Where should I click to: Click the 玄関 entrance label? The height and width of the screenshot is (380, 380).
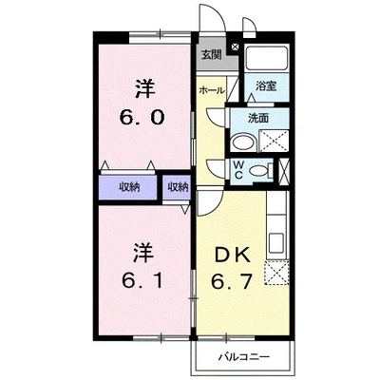click(210, 55)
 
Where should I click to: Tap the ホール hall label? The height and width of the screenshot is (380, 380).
click(211, 90)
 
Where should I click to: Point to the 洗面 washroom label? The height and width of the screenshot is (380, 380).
click(259, 119)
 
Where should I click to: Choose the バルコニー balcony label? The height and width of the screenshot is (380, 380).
click(243, 357)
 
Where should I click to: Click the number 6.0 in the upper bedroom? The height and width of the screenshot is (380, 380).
click(143, 119)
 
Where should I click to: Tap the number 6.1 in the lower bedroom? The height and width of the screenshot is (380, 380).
click(142, 282)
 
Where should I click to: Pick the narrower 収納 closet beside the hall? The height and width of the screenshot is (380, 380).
click(178, 187)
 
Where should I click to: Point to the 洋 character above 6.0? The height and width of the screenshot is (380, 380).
click(143, 90)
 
